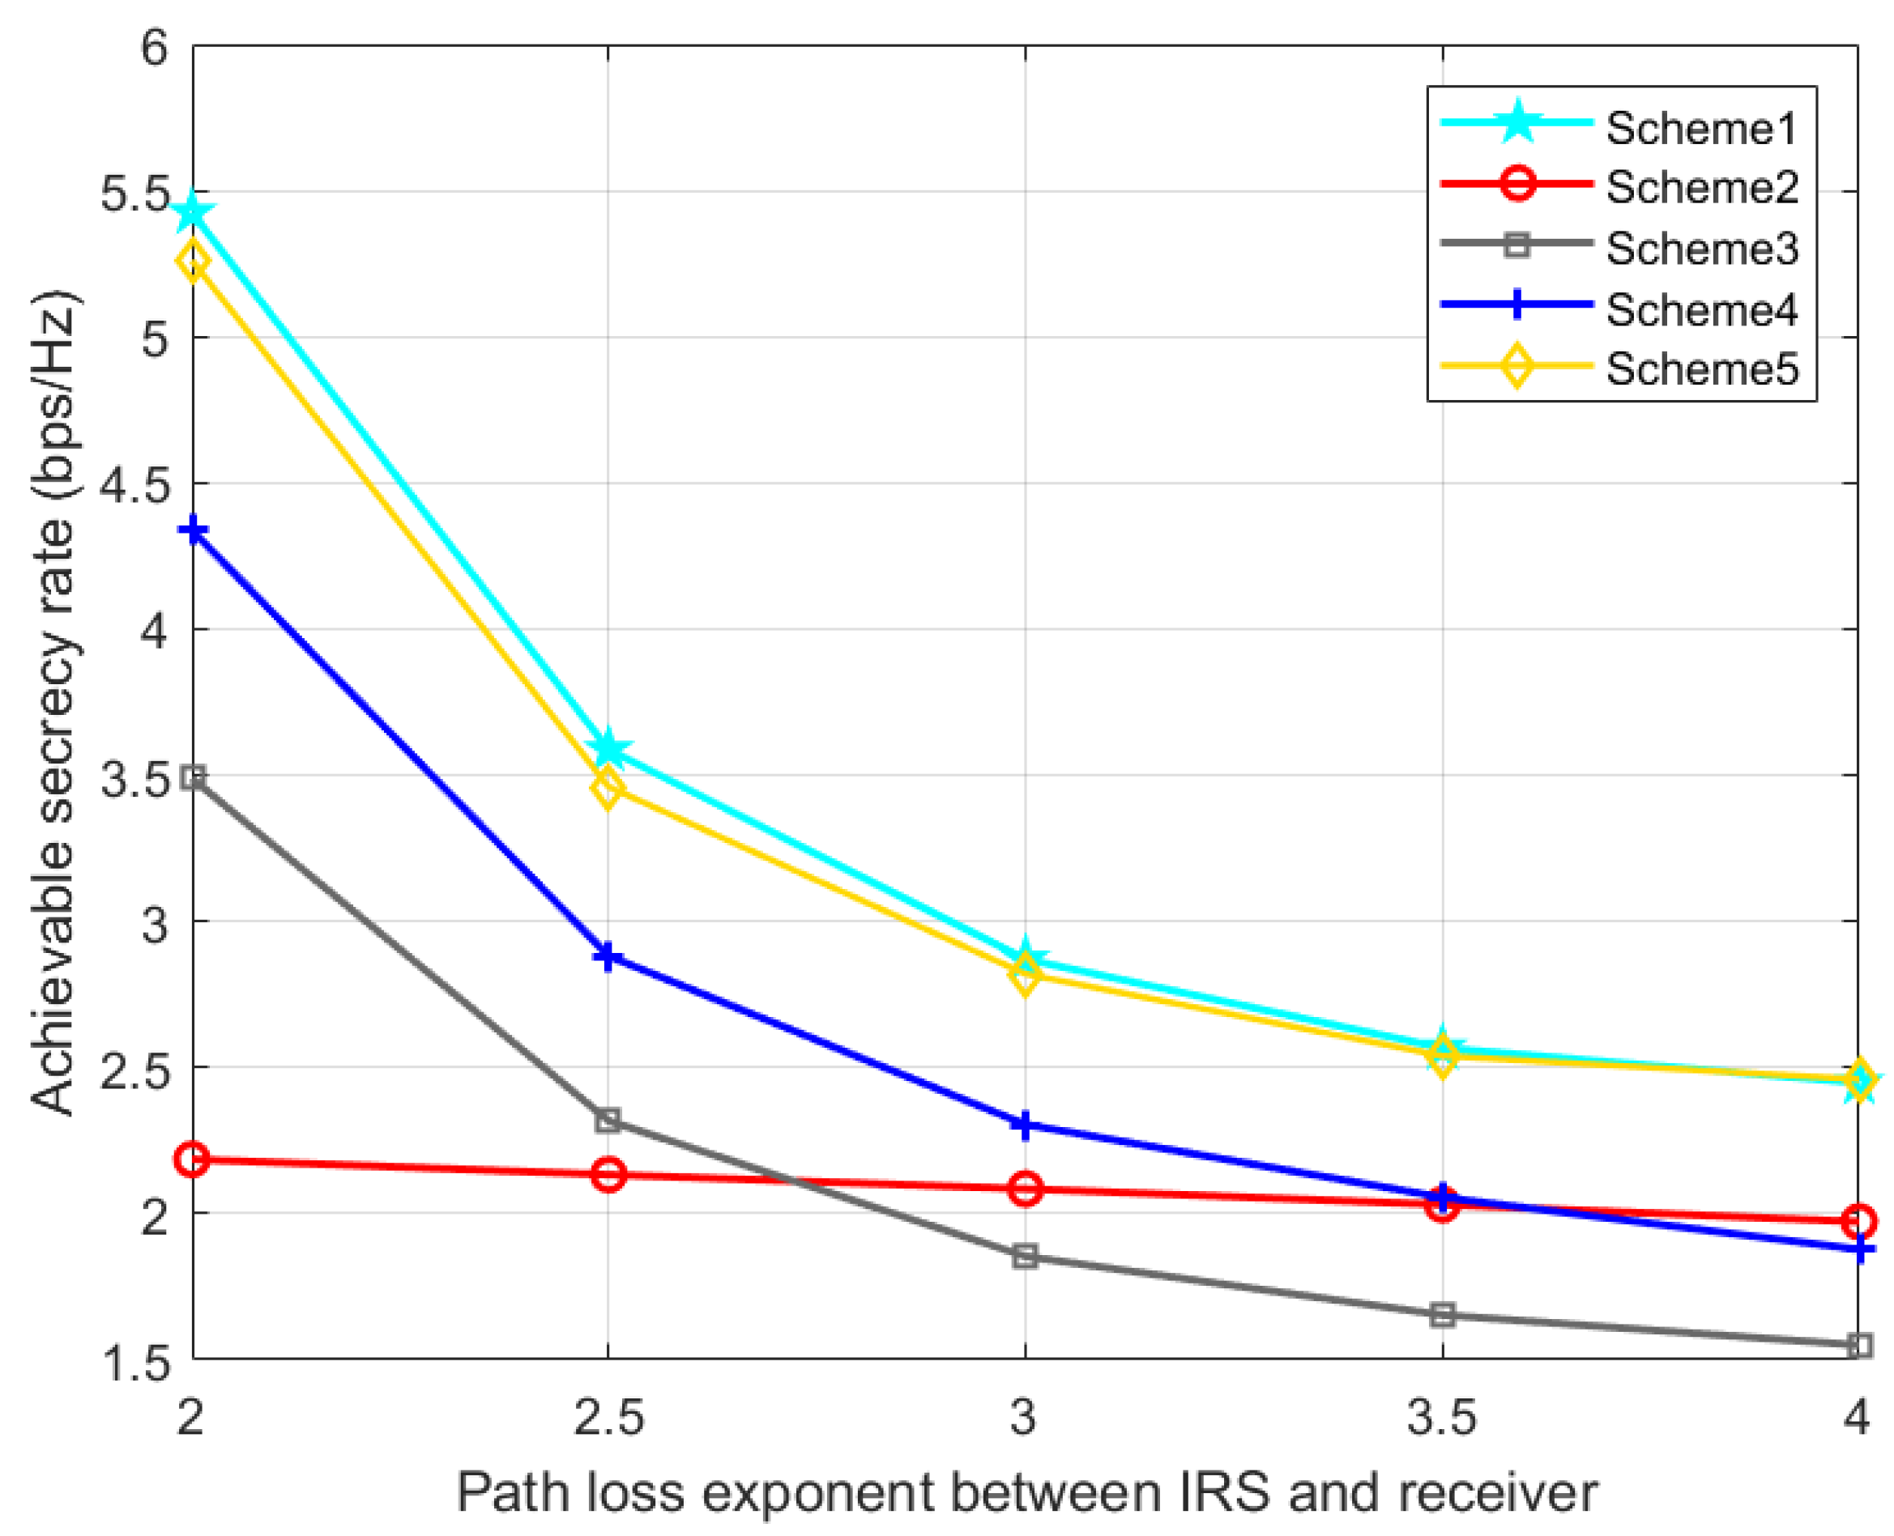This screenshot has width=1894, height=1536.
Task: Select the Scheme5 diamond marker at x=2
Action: [193, 262]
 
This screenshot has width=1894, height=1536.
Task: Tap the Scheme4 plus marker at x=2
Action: [193, 532]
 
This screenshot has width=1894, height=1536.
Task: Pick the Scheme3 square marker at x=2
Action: [193, 779]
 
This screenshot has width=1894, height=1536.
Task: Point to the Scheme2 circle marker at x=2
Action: [193, 1160]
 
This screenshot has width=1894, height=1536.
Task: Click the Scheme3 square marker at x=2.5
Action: [608, 1120]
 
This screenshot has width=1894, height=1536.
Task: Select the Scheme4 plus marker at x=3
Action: [1025, 1126]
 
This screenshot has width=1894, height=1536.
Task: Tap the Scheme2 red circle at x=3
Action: [1025, 1189]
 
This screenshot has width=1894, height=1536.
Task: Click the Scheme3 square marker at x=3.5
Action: [1443, 1316]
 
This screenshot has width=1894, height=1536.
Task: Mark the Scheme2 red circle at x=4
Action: [1859, 1222]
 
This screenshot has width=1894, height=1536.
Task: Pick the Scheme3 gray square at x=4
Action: [1859, 1346]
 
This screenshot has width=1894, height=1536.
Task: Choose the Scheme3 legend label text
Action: [1701, 249]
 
